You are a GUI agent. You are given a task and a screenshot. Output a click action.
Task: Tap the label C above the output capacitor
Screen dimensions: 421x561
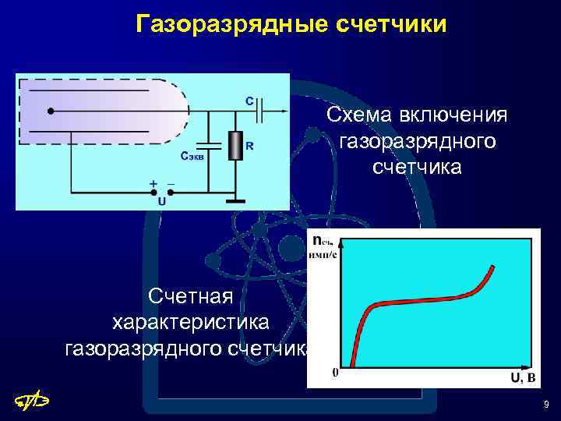click(249, 101)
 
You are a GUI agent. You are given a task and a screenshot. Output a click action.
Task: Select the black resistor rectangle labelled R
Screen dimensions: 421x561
click(235, 146)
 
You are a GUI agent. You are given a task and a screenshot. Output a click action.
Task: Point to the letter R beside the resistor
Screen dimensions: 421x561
click(249, 146)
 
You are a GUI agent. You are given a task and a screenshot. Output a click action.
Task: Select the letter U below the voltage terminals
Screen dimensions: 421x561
click(161, 200)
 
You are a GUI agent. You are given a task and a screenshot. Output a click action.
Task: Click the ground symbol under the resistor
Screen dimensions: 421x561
click(235, 201)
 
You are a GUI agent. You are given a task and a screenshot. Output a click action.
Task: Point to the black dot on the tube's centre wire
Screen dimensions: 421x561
click(51, 111)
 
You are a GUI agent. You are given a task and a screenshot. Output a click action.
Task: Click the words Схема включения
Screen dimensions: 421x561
click(417, 115)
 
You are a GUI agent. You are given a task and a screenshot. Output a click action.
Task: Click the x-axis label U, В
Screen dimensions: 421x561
click(522, 378)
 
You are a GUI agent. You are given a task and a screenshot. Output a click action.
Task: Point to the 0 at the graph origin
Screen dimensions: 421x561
click(335, 372)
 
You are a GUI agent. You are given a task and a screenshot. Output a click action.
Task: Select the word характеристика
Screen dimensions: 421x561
click(191, 322)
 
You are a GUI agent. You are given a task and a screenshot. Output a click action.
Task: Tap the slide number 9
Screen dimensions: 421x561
click(546, 405)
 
